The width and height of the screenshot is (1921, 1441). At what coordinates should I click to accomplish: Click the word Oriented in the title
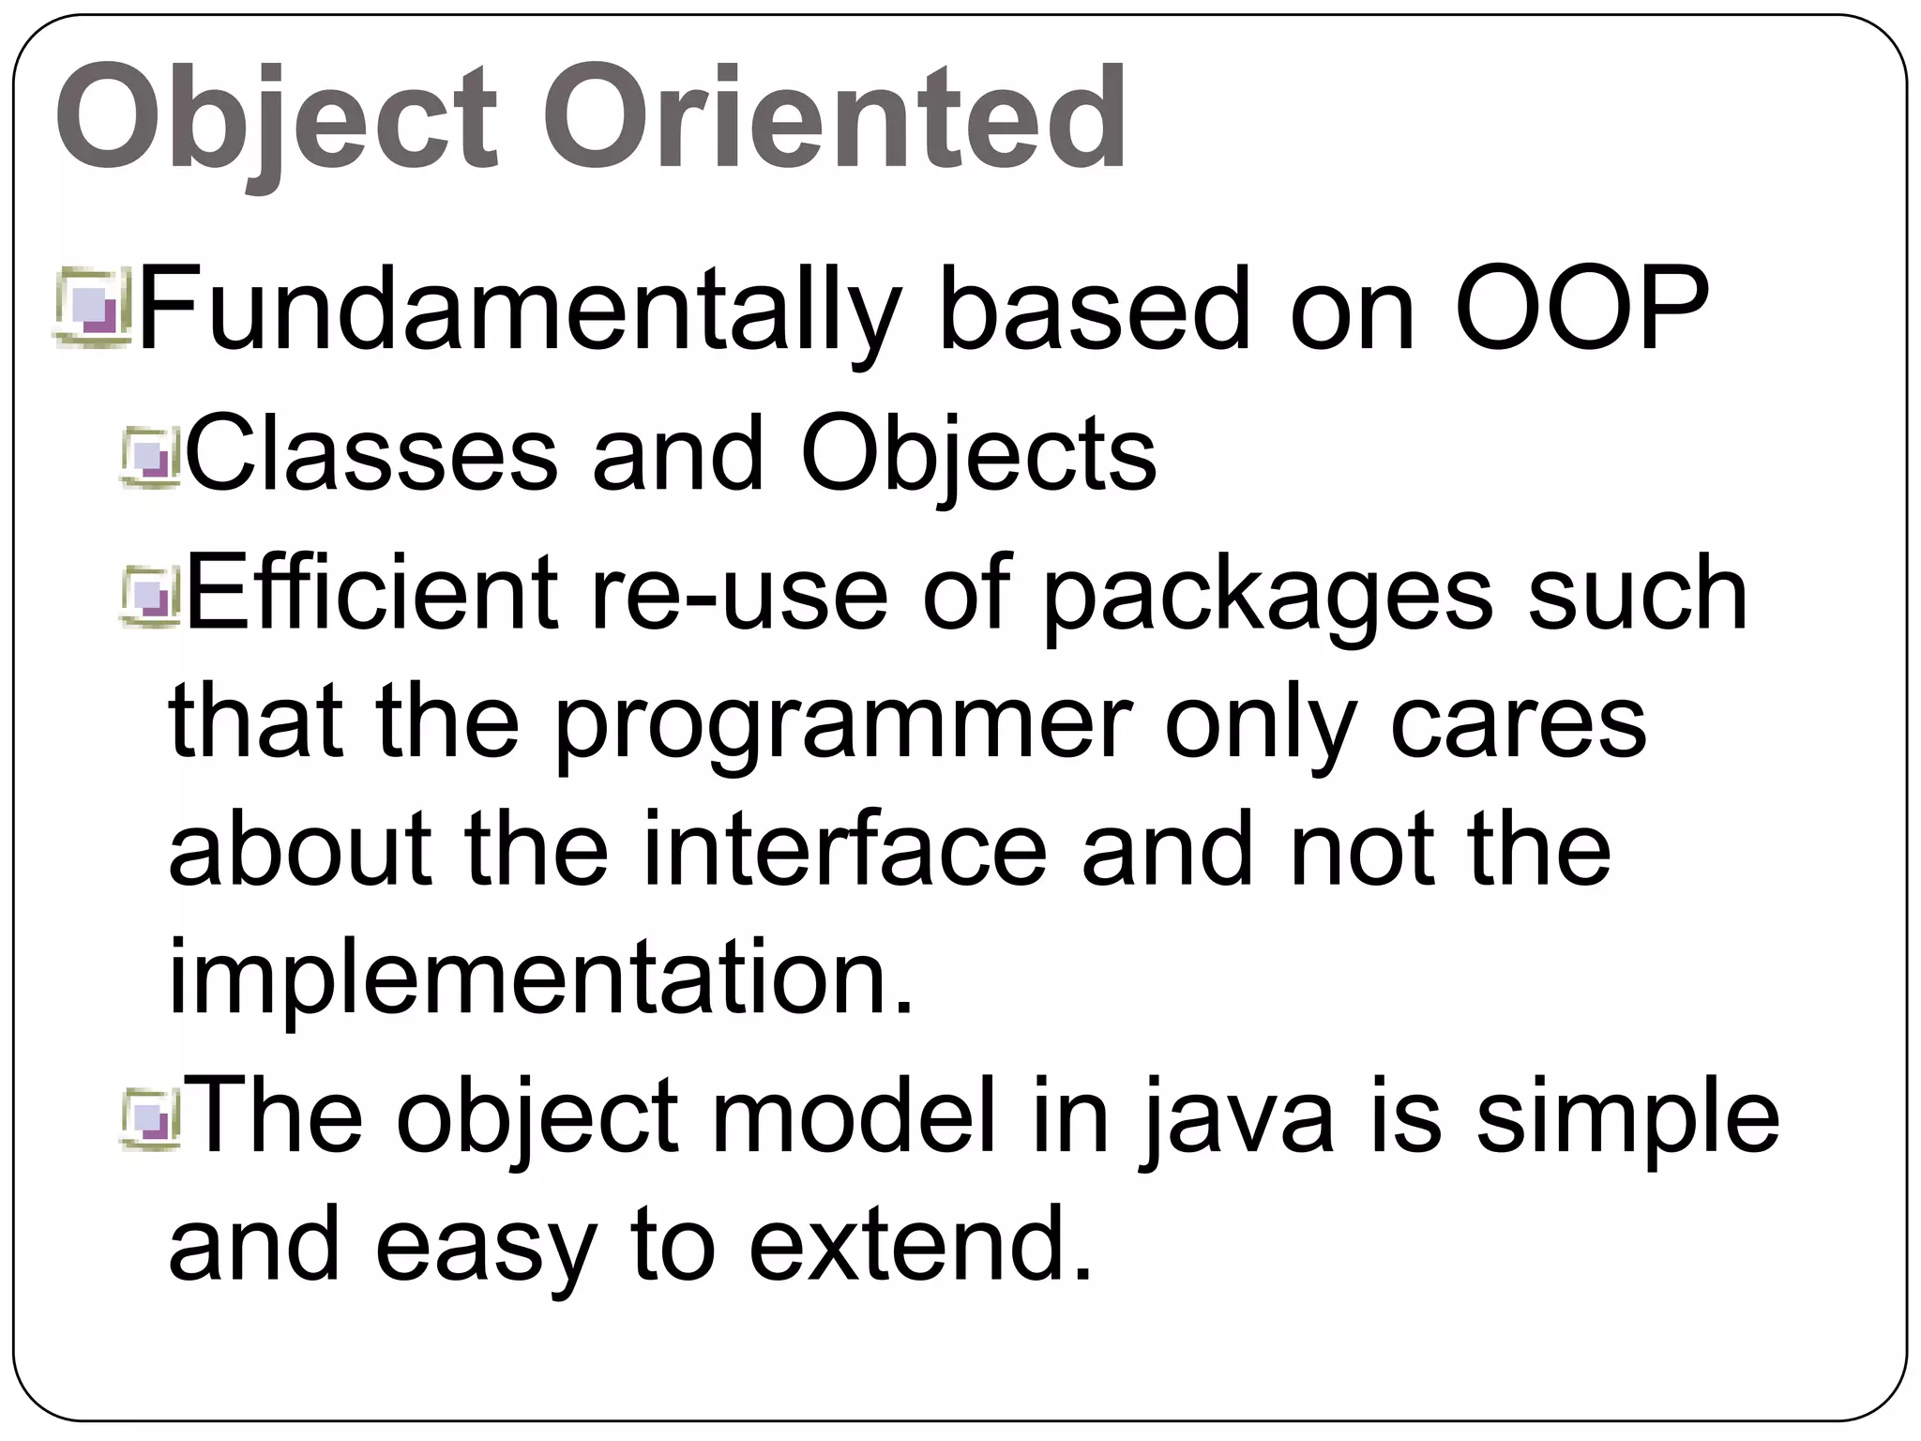835,118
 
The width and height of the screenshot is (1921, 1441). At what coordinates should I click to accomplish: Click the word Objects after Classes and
978,456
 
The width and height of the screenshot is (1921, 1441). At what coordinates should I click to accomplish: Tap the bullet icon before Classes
149,459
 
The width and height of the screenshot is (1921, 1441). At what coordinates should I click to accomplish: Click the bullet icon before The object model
149,1119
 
